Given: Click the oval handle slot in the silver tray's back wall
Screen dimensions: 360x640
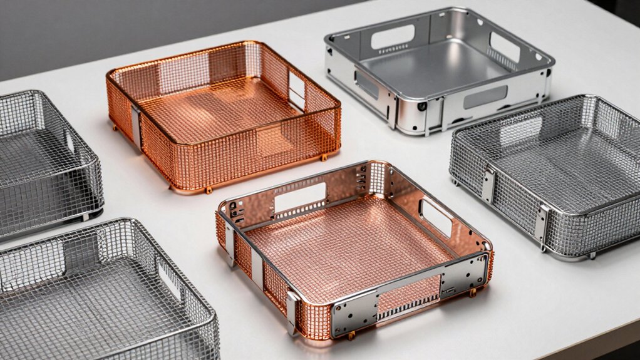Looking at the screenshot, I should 393,37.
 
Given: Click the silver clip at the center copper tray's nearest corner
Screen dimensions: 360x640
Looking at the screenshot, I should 292,311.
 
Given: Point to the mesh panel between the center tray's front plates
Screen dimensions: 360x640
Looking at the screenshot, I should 410,294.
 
